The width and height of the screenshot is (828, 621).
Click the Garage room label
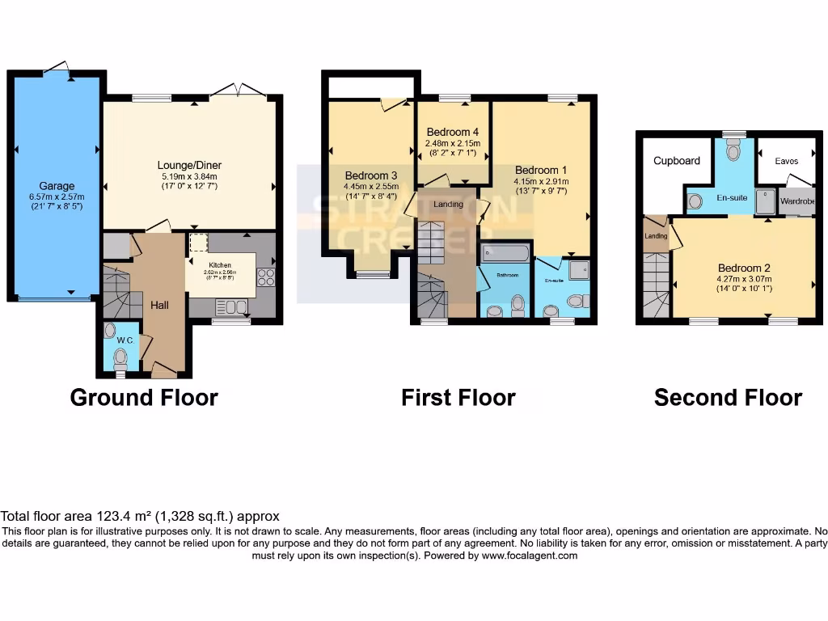(x=56, y=185)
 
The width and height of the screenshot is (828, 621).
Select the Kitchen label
(x=220, y=265)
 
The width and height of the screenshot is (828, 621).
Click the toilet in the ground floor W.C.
(x=120, y=357)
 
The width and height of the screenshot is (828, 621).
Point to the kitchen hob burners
(x=265, y=277)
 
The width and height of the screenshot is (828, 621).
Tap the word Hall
(x=159, y=305)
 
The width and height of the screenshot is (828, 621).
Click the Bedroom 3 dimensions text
(x=371, y=192)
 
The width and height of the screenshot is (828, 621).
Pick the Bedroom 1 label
(x=541, y=170)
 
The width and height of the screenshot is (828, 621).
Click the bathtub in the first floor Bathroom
(x=505, y=255)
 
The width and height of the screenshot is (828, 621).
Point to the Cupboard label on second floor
(x=677, y=161)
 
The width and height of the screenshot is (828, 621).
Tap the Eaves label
(x=786, y=161)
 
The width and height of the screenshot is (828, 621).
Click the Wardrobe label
(x=797, y=201)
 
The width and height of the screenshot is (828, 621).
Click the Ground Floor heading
(x=144, y=397)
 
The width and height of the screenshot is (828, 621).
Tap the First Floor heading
(x=458, y=397)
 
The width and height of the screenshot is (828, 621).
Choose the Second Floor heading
(x=728, y=397)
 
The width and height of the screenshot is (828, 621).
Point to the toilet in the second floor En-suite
(x=733, y=150)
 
